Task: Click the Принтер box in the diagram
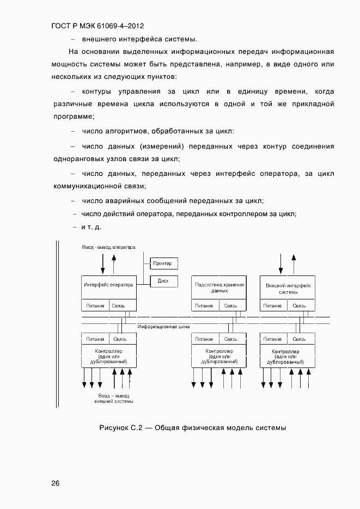click(163, 263)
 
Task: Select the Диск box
click(163, 281)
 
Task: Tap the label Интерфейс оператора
click(108, 285)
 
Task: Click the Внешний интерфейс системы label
click(288, 288)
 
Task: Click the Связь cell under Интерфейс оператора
click(119, 305)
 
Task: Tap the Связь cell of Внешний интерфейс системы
click(299, 305)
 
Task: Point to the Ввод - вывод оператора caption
click(108, 247)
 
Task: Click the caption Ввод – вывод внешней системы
click(114, 398)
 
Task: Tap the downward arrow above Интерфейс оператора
click(102, 264)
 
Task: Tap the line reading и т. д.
click(91, 226)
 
